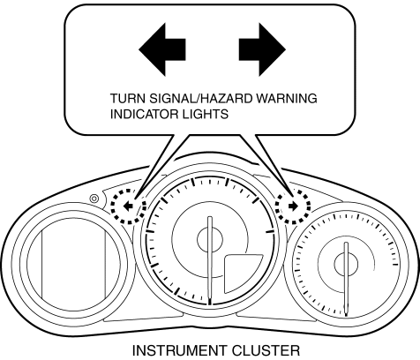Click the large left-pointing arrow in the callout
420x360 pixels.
pos(161,49)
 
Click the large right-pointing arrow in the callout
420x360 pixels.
pos(262,49)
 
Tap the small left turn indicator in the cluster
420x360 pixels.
pos(128,206)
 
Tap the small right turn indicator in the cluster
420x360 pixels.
pos(294,206)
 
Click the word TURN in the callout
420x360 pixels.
pos(128,99)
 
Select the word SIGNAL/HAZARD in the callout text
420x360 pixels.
pos(201,99)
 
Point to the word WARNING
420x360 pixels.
pos(287,99)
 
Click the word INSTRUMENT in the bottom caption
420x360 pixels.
pos(180,350)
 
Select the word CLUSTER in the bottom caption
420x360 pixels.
pos(266,350)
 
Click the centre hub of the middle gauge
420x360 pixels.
pos(210,240)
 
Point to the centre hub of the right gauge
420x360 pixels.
pos(346,263)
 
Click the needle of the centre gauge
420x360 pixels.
pos(210,261)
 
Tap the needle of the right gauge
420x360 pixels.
pos(346,279)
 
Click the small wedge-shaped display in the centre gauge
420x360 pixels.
pos(241,272)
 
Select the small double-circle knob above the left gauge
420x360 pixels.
pos(94,199)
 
